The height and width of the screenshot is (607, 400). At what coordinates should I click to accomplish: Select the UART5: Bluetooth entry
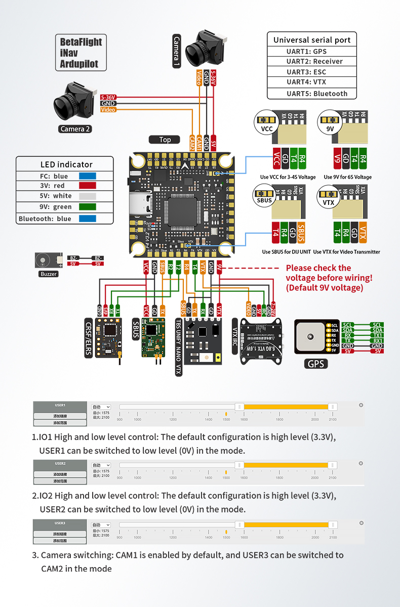point(311,94)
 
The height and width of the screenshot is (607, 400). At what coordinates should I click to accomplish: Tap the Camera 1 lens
point(195,52)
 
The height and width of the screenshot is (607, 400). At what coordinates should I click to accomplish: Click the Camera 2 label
point(75,128)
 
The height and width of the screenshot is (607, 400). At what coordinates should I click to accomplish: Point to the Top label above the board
point(165,140)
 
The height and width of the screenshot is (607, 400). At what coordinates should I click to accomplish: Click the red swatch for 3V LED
point(87,186)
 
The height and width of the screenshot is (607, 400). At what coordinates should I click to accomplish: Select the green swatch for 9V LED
point(87,207)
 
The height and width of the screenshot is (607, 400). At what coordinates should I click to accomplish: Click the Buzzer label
point(49,274)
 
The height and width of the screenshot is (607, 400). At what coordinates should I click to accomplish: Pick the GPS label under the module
point(315,364)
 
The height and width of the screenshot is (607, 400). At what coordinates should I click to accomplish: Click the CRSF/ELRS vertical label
point(90,337)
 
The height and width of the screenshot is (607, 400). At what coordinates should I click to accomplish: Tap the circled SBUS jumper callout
point(264,199)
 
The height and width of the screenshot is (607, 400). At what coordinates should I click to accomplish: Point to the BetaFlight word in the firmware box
point(81,42)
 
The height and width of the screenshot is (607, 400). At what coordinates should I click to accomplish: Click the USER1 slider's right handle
point(333,407)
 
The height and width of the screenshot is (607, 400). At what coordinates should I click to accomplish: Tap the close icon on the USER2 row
point(361,463)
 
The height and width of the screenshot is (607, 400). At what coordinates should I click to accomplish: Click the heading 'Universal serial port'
point(311,40)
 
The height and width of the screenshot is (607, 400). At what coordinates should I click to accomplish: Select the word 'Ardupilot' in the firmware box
point(79,64)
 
